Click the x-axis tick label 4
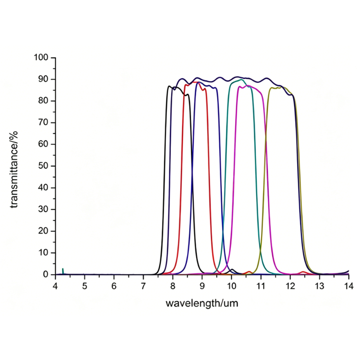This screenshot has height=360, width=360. (x=55, y=286)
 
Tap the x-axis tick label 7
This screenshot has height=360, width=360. (x=143, y=286)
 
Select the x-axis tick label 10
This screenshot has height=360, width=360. (x=231, y=286)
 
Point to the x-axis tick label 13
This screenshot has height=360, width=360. (x=319, y=286)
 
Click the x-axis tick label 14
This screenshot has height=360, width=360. (x=348, y=286)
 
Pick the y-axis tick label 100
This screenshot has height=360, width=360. (x=41, y=58)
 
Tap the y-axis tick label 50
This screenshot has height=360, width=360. (x=44, y=166)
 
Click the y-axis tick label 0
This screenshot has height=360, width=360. (x=46, y=274)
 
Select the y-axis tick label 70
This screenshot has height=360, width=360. (x=44, y=123)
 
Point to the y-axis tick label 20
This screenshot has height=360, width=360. (x=44, y=231)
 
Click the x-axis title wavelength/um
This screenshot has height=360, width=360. (x=202, y=303)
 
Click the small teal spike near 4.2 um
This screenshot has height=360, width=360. (x=63, y=270)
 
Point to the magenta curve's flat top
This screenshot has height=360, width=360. (x=250, y=86)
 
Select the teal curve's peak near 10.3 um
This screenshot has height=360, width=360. (x=241, y=80)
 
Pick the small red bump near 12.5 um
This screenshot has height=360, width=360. (x=304, y=272)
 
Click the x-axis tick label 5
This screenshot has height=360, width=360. (x=85, y=286)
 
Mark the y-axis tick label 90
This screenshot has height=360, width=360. (x=44, y=79)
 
